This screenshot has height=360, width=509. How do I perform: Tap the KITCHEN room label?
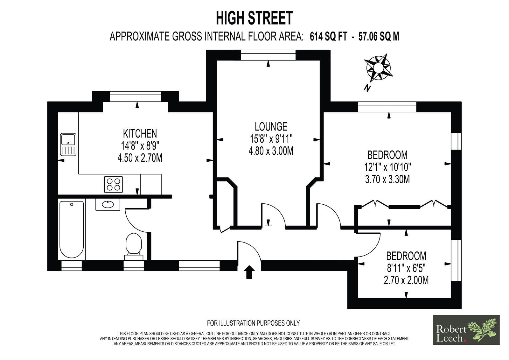(140, 133)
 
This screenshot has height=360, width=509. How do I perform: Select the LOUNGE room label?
(271, 126)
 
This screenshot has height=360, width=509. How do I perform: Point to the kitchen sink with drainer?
(68, 145)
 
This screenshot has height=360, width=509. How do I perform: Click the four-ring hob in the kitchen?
(113, 184)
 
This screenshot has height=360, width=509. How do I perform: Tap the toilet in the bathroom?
(134, 246)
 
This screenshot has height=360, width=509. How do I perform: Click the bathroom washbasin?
(108, 204)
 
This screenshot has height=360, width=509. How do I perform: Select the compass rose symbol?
(378, 67)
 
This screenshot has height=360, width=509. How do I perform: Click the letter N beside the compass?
(367, 88)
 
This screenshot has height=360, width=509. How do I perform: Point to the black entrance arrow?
(249, 272)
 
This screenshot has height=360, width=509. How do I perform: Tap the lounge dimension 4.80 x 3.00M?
(271, 151)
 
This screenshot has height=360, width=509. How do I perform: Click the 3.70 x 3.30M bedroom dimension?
(387, 180)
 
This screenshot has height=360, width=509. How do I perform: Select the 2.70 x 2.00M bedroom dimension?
(406, 280)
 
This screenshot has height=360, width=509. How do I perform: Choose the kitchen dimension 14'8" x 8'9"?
(140, 146)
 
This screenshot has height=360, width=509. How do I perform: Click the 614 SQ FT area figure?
(328, 36)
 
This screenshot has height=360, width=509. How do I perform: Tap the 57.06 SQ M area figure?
(379, 36)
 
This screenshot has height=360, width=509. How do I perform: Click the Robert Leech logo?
(466, 330)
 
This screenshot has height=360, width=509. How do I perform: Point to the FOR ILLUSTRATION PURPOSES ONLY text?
(253, 323)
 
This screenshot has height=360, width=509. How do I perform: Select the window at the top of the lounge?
(268, 55)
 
